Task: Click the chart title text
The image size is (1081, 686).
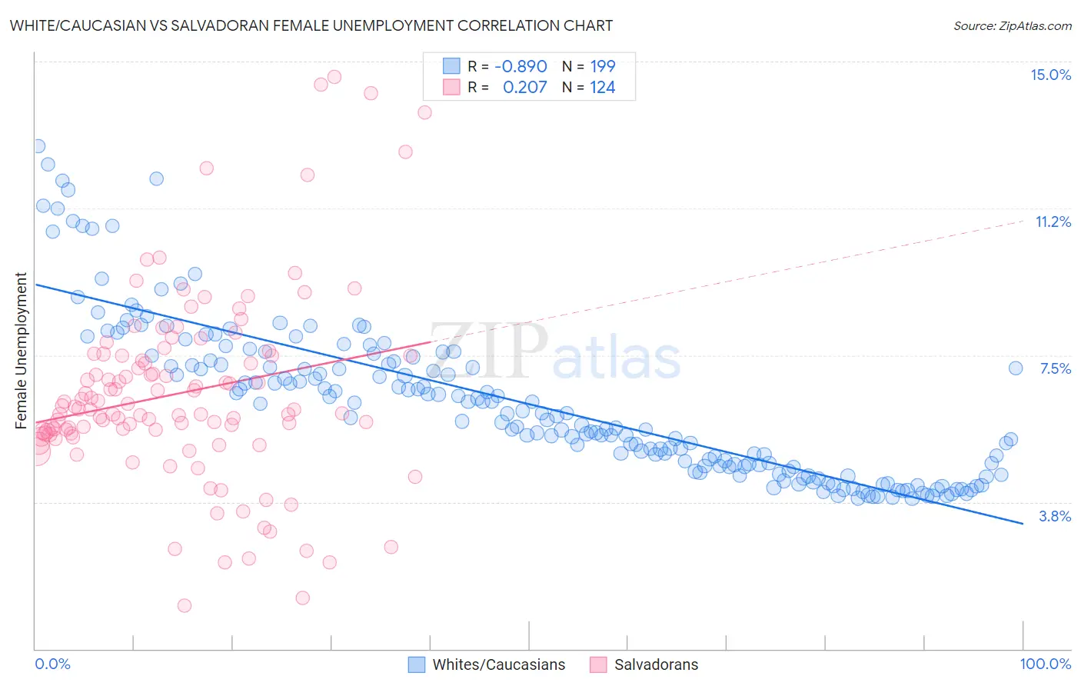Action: (311, 25)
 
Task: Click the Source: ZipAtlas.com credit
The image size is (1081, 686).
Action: (1012, 25)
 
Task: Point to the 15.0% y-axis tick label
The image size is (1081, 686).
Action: (1050, 75)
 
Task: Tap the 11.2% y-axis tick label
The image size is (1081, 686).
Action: (1053, 221)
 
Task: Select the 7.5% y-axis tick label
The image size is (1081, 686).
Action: (1055, 368)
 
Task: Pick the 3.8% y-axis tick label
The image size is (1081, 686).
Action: (1055, 516)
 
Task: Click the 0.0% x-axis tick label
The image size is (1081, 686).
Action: (52, 664)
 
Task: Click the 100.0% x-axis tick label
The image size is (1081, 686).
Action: (1045, 664)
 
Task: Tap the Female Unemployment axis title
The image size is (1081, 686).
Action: (21, 350)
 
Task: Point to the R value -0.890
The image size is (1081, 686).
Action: (521, 66)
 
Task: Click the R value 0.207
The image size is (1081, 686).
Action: (524, 87)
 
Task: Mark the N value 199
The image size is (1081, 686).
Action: (603, 66)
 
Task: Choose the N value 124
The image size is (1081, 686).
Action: (603, 87)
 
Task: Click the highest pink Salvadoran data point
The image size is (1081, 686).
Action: (334, 77)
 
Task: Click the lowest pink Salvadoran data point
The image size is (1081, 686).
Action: (185, 605)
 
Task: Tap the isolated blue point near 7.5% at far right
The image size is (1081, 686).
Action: (1016, 368)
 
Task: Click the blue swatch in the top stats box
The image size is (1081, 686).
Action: (451, 66)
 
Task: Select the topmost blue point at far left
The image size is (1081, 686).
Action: (38, 146)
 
